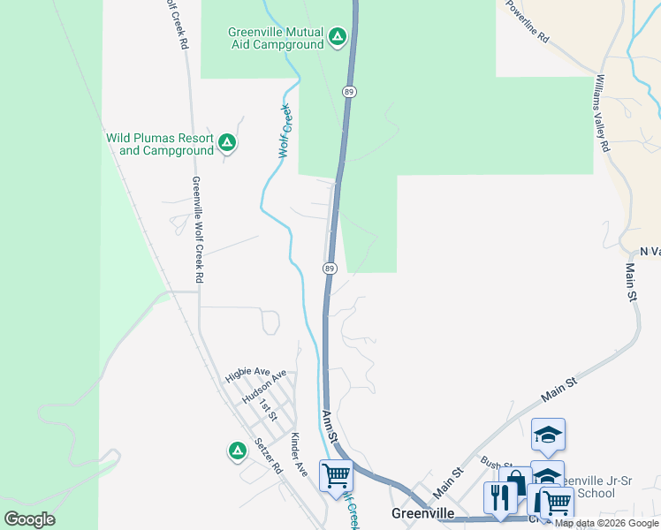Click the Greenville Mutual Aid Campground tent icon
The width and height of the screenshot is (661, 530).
337,37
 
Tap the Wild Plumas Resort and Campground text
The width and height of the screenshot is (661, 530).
161,144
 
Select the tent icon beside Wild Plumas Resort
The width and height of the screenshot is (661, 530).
227,141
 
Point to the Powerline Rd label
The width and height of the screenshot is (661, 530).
528,22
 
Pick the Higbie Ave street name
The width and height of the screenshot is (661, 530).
247,374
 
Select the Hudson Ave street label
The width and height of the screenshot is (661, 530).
263,386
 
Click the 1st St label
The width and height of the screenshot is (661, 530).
270,409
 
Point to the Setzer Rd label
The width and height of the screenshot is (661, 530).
266,454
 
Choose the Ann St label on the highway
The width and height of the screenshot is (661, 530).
330,426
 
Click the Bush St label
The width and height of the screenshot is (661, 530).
496,463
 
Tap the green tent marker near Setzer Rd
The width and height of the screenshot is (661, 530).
237,451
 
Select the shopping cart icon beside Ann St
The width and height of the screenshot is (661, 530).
336,476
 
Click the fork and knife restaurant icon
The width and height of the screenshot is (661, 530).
499,497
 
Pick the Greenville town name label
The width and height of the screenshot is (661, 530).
422,513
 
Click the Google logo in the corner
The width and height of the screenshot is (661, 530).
29,519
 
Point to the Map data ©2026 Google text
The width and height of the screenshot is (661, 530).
606,523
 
